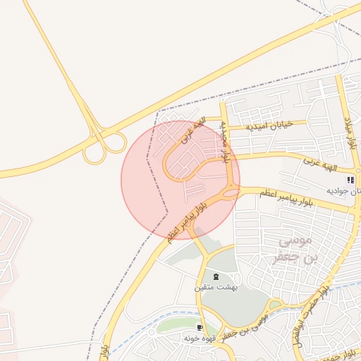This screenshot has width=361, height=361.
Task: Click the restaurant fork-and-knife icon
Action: [x=350, y=180]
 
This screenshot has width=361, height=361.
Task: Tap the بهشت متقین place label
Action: [x=216, y=287]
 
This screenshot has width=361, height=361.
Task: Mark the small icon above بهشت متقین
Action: [x=216, y=276]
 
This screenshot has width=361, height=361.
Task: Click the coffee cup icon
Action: [x=200, y=328]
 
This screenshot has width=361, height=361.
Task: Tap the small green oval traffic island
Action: [x=276, y=305]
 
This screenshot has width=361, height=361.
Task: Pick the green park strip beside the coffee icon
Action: [x=176, y=326]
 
